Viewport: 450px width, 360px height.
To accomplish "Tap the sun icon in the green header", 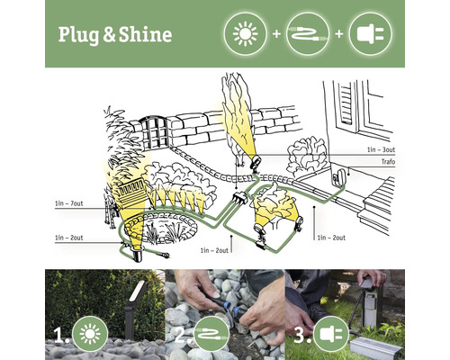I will coord(244,33).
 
